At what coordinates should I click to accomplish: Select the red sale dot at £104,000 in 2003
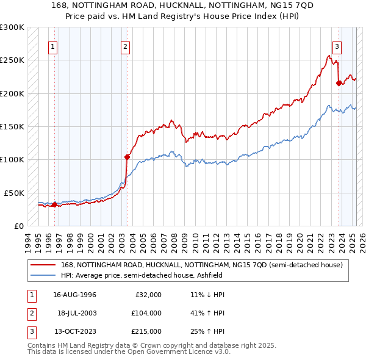click(x=127, y=157)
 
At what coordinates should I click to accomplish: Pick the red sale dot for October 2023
click(x=339, y=84)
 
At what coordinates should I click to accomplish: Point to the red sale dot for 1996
click(x=54, y=204)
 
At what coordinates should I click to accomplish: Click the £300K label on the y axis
click(x=12, y=27)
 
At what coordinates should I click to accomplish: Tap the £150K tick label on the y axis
click(x=12, y=126)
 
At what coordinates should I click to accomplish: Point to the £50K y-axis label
click(x=15, y=193)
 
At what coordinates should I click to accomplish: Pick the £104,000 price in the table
click(x=146, y=313)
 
